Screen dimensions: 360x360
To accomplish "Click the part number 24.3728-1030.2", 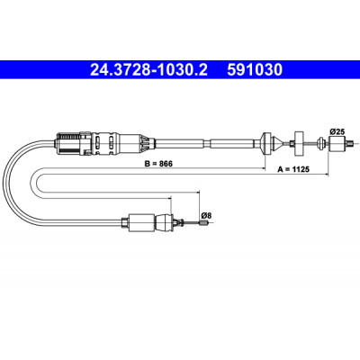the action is [148, 70].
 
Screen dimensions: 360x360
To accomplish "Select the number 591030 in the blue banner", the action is [255, 70].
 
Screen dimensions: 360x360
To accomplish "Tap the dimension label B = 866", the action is [158, 164].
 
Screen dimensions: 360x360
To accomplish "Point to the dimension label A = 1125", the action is [293, 169].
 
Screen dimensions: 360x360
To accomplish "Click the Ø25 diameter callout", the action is [337, 131].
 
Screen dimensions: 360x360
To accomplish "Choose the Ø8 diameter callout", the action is [206, 215].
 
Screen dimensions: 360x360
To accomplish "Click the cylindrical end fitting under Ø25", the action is [337, 144].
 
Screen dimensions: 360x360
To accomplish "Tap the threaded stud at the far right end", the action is [348, 144].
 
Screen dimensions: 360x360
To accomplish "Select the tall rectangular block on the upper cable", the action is [299, 143].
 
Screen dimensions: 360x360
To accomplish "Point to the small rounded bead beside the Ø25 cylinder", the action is [321, 143].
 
